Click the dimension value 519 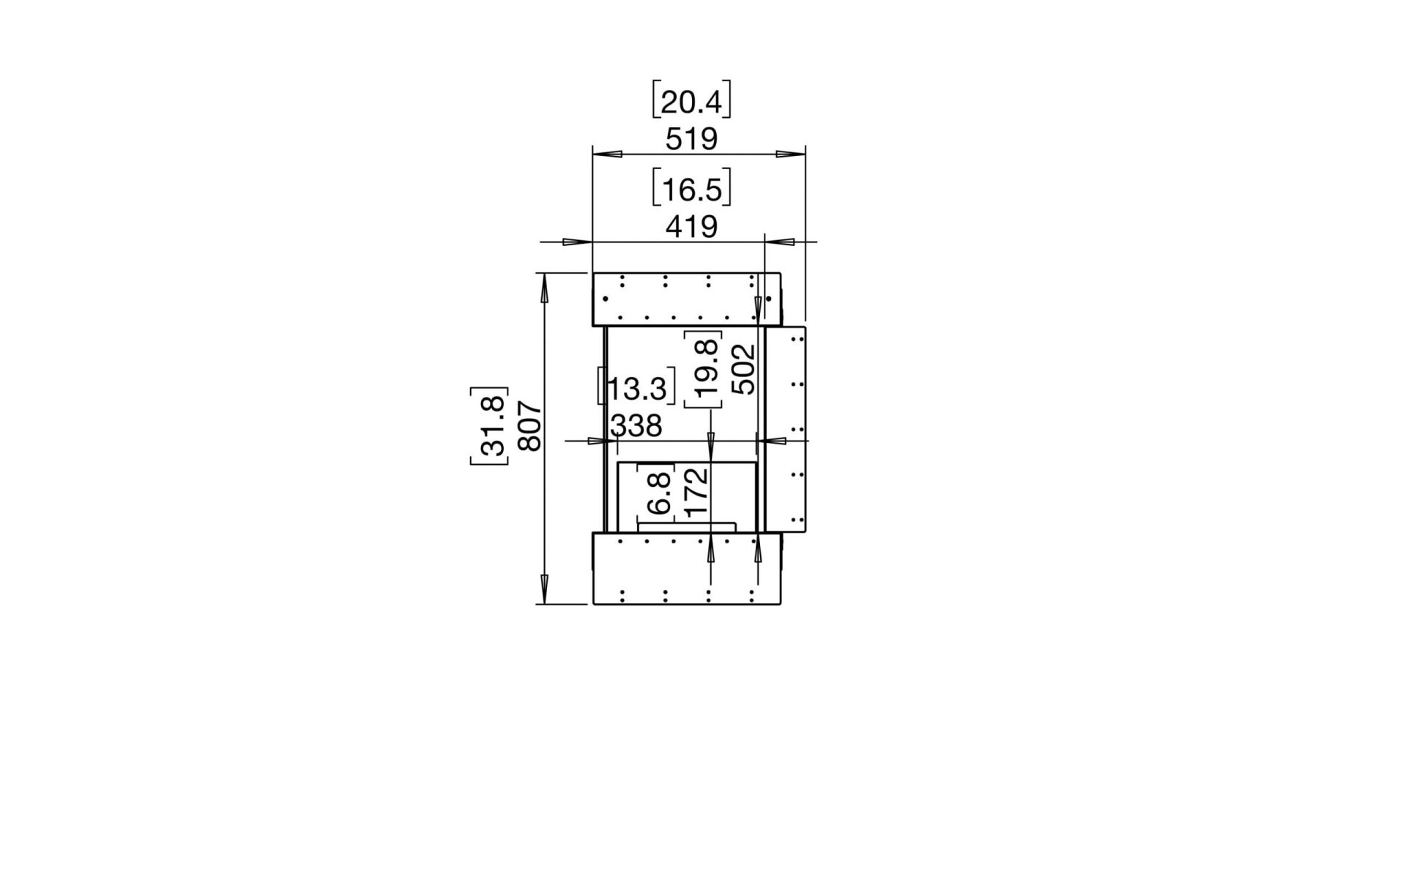click(x=691, y=139)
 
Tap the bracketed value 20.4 click(x=691, y=102)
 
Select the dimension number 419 click(x=691, y=227)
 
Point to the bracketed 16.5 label click(x=691, y=190)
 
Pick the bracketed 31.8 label click(x=489, y=426)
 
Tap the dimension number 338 click(x=636, y=425)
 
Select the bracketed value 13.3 click(x=637, y=389)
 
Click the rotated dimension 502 click(x=743, y=370)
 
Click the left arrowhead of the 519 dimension click(x=607, y=154)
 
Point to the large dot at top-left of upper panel click(x=606, y=299)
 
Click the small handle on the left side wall click(x=601, y=385)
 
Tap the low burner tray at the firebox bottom click(x=687, y=526)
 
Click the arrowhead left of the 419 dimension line click(x=577, y=242)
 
